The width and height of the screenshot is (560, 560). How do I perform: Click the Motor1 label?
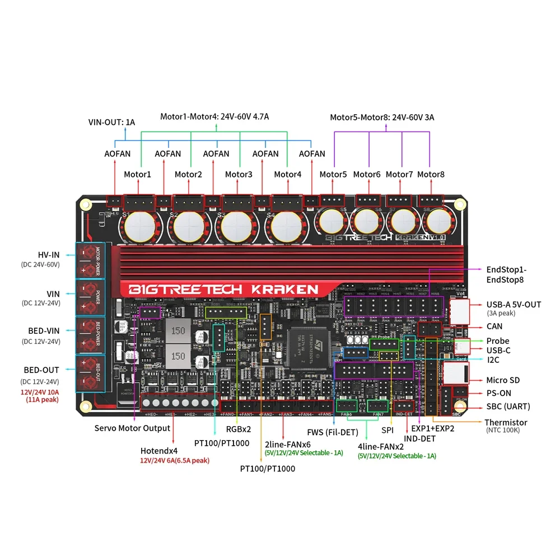pyautogui.click(x=137, y=174)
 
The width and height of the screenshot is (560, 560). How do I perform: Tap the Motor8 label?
pyautogui.click(x=431, y=174)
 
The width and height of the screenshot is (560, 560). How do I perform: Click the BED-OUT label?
pyautogui.click(x=41, y=370)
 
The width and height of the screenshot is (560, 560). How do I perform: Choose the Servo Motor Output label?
pyautogui.click(x=132, y=428)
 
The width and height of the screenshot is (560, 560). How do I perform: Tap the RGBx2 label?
pyautogui.click(x=237, y=430)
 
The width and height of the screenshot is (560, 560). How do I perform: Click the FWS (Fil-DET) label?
pyautogui.click(x=333, y=432)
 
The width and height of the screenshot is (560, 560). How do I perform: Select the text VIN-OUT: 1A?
pyautogui.click(x=111, y=122)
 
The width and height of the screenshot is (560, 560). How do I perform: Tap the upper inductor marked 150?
pyautogui.click(x=178, y=330)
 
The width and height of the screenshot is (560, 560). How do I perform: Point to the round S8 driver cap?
pyautogui.click(x=438, y=223)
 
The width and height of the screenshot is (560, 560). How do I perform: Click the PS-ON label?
pyautogui.click(x=498, y=393)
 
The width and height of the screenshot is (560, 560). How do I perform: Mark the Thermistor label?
pyautogui.click(x=506, y=422)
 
